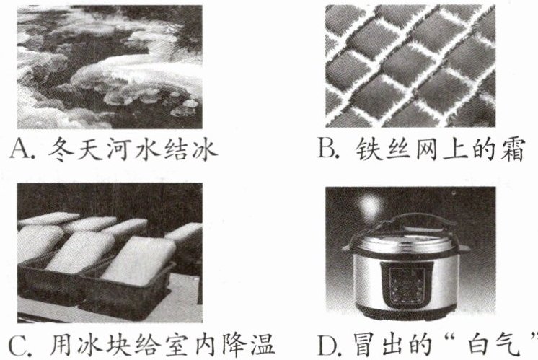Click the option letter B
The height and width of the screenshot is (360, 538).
(327, 149)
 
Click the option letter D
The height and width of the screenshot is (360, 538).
(328, 343)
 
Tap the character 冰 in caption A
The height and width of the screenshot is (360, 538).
(206, 149)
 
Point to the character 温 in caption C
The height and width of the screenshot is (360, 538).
(262, 344)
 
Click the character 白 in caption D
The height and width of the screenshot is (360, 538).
(481, 344)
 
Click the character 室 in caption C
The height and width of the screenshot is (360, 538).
(175, 344)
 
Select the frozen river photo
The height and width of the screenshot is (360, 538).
(110, 67)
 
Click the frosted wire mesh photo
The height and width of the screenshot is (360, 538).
(410, 66)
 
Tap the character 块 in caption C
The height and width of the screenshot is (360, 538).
(117, 344)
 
